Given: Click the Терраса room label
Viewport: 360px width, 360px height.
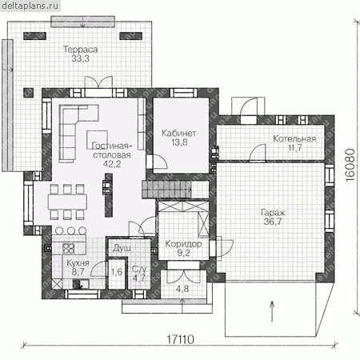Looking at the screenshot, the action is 80,50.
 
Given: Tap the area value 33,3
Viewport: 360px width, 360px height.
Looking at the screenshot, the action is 80,58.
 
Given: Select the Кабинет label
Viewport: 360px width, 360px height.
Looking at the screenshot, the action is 179,133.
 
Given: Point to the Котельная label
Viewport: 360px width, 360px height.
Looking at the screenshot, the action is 294,138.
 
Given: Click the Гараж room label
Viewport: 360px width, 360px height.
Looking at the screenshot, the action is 273,213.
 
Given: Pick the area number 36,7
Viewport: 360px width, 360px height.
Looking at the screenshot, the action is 273,222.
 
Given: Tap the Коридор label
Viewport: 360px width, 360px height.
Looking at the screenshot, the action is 183,244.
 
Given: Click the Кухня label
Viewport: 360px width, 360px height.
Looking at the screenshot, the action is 78,263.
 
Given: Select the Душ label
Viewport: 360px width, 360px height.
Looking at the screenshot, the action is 122,248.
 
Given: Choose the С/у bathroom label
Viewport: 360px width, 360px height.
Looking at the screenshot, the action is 139,269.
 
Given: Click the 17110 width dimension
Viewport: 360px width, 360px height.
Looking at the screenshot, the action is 180,340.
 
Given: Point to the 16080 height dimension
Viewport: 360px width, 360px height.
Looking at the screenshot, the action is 350,166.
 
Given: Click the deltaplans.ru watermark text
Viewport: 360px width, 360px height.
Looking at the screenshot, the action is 30,6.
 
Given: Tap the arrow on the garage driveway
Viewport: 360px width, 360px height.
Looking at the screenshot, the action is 272,311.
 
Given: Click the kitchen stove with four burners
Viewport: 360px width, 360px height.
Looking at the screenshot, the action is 68,249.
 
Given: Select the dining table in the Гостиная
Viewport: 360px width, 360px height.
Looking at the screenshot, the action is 67,202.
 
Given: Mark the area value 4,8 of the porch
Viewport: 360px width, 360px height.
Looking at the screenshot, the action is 182,289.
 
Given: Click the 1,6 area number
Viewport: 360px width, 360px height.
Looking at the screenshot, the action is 117,272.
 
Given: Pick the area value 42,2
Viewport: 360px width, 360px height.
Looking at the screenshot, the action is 112,164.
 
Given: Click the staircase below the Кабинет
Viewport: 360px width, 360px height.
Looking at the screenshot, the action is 167,190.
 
